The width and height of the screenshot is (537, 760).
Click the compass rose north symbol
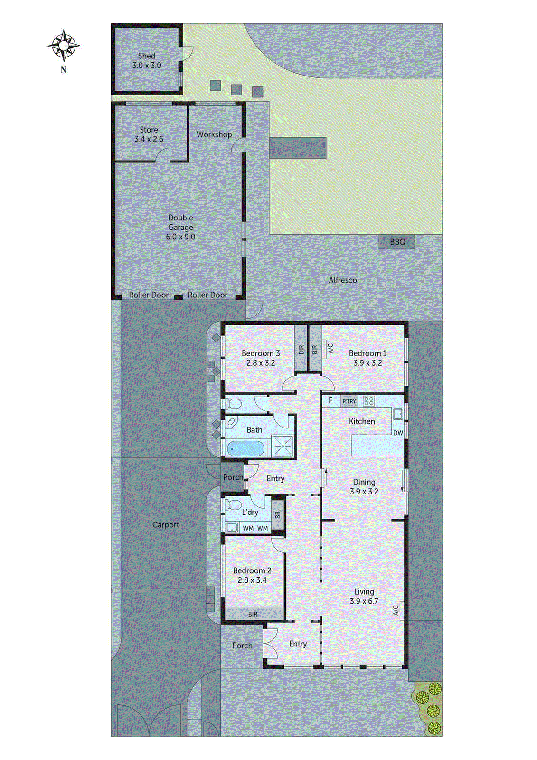64,46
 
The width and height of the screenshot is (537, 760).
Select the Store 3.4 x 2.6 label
149,134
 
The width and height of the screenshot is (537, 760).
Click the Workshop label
214,134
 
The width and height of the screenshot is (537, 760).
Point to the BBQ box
397,242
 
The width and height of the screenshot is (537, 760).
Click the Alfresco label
342,280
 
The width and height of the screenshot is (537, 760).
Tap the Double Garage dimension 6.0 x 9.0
180,237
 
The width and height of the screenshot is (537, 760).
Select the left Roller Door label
149,294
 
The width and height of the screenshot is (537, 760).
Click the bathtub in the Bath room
245,448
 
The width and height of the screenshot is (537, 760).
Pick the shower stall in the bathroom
283,447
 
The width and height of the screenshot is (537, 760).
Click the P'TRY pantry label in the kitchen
349,401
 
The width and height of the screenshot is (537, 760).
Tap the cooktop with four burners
369,401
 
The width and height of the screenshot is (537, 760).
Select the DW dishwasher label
398,433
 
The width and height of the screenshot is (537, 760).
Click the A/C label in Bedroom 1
330,349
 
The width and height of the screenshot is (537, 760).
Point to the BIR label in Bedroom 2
253,614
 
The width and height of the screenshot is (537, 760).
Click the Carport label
166,525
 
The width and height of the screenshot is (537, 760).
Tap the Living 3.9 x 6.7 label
364,596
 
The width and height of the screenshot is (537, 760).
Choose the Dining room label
364,482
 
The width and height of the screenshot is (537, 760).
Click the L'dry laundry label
250,512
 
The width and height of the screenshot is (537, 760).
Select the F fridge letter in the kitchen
330,400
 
